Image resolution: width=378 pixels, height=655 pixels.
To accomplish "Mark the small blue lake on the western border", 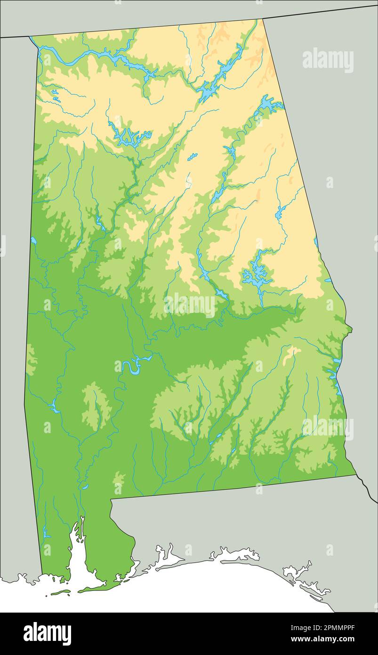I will (33, 241).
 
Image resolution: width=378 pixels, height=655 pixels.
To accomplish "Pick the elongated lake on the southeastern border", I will (338, 377).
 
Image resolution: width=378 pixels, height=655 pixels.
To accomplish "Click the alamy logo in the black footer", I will (47, 634).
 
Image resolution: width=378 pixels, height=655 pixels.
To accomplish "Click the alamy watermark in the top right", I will (328, 60).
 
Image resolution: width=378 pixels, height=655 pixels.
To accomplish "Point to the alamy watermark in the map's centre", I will (190, 305).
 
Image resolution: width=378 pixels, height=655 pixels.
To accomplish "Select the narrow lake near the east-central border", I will (281, 212).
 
